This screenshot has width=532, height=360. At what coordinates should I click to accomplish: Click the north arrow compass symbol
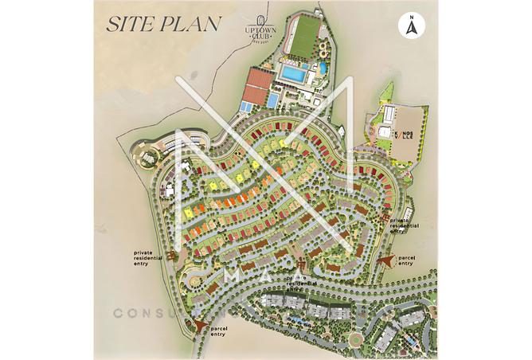[411, 26]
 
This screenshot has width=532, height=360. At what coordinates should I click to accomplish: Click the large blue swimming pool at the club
[293, 73]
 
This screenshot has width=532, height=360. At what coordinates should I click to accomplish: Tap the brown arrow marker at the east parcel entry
[388, 259]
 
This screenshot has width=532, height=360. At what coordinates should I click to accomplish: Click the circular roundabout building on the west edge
[150, 155]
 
